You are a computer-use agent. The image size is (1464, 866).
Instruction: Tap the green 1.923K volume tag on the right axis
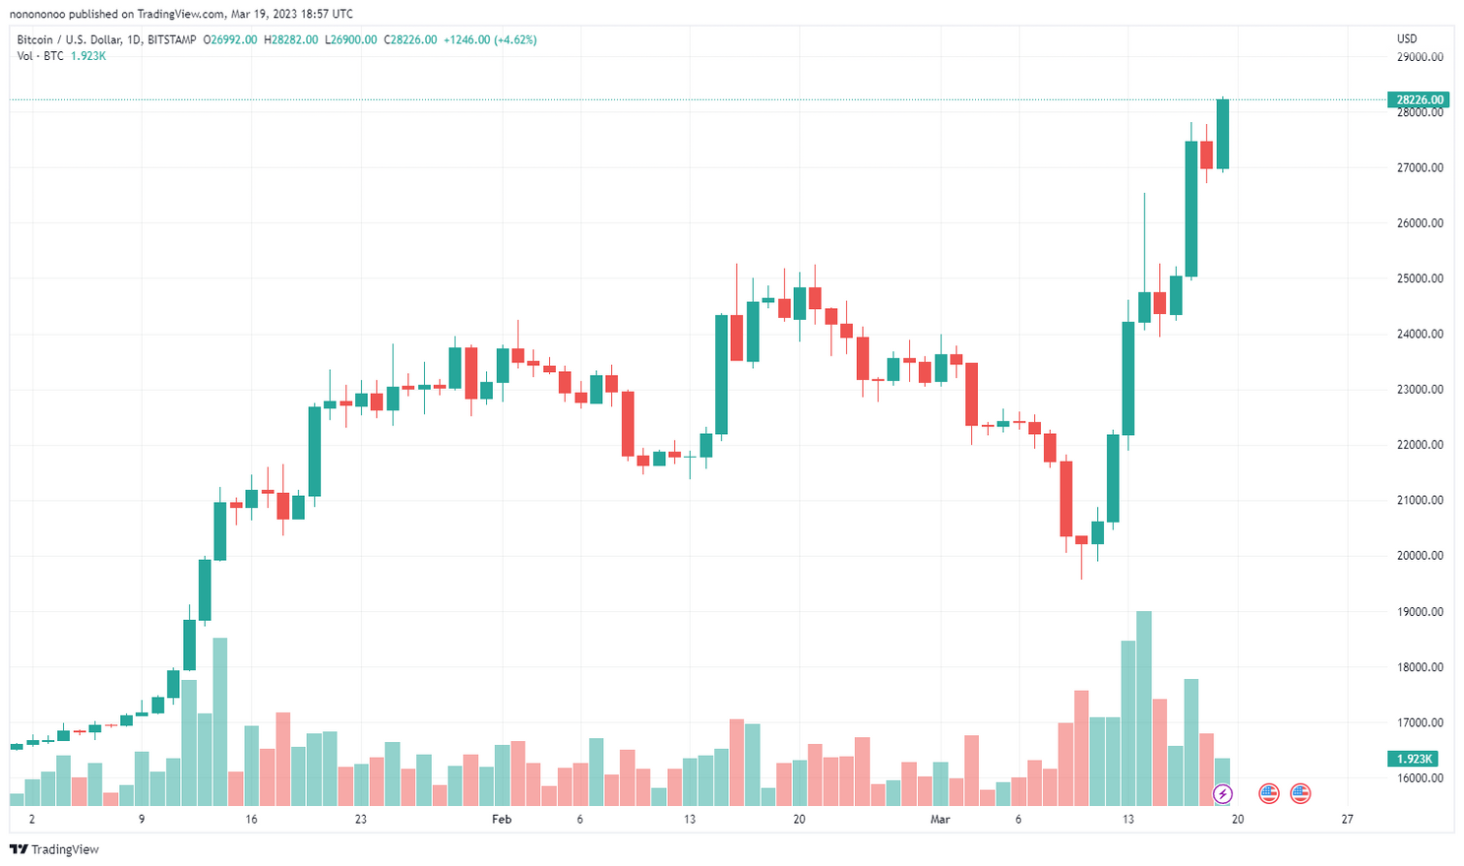coord(1415,759)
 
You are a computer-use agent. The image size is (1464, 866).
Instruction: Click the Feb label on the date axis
coord(502,819)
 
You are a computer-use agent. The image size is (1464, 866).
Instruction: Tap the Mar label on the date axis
coord(941,819)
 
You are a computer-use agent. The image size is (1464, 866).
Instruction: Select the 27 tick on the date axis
coord(1347,819)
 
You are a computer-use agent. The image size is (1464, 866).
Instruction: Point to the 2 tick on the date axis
coord(31,819)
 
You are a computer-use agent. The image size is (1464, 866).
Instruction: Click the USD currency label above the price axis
coord(1407,39)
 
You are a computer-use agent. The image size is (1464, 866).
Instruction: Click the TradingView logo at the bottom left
coord(55,849)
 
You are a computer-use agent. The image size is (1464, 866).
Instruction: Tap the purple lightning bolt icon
coord(1222,793)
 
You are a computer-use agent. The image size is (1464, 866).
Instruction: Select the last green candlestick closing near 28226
coord(1223,134)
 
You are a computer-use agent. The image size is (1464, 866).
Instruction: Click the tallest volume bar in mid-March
coord(1143,709)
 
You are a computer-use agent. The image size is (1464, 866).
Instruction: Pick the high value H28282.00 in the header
coord(291,40)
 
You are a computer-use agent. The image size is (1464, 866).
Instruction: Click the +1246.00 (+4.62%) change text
coord(490,40)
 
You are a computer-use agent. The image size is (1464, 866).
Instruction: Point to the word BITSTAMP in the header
coord(171,40)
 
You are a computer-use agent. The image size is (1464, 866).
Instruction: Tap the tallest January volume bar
coord(220,721)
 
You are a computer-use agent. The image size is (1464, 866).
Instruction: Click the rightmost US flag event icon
coord(1301,793)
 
